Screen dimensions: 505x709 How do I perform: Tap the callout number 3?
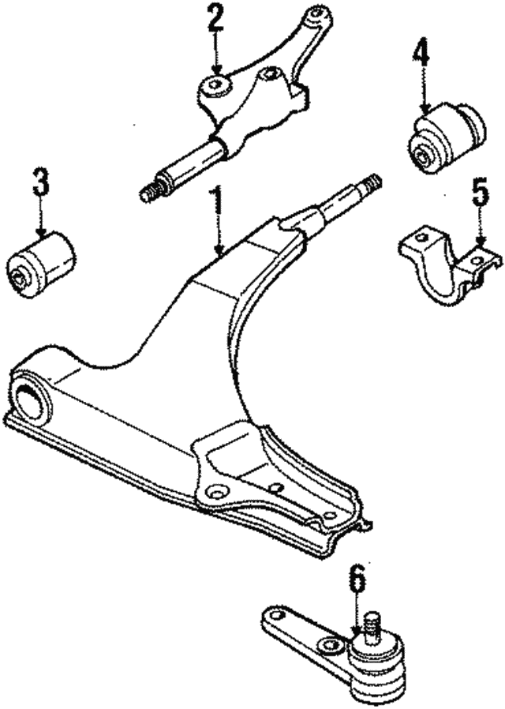[40, 182]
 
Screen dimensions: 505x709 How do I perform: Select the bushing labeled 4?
[447, 137]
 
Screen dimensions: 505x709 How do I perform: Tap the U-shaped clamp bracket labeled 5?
[450, 265]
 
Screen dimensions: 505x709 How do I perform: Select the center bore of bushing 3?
[21, 276]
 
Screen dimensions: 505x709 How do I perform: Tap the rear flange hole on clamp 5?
[420, 238]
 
